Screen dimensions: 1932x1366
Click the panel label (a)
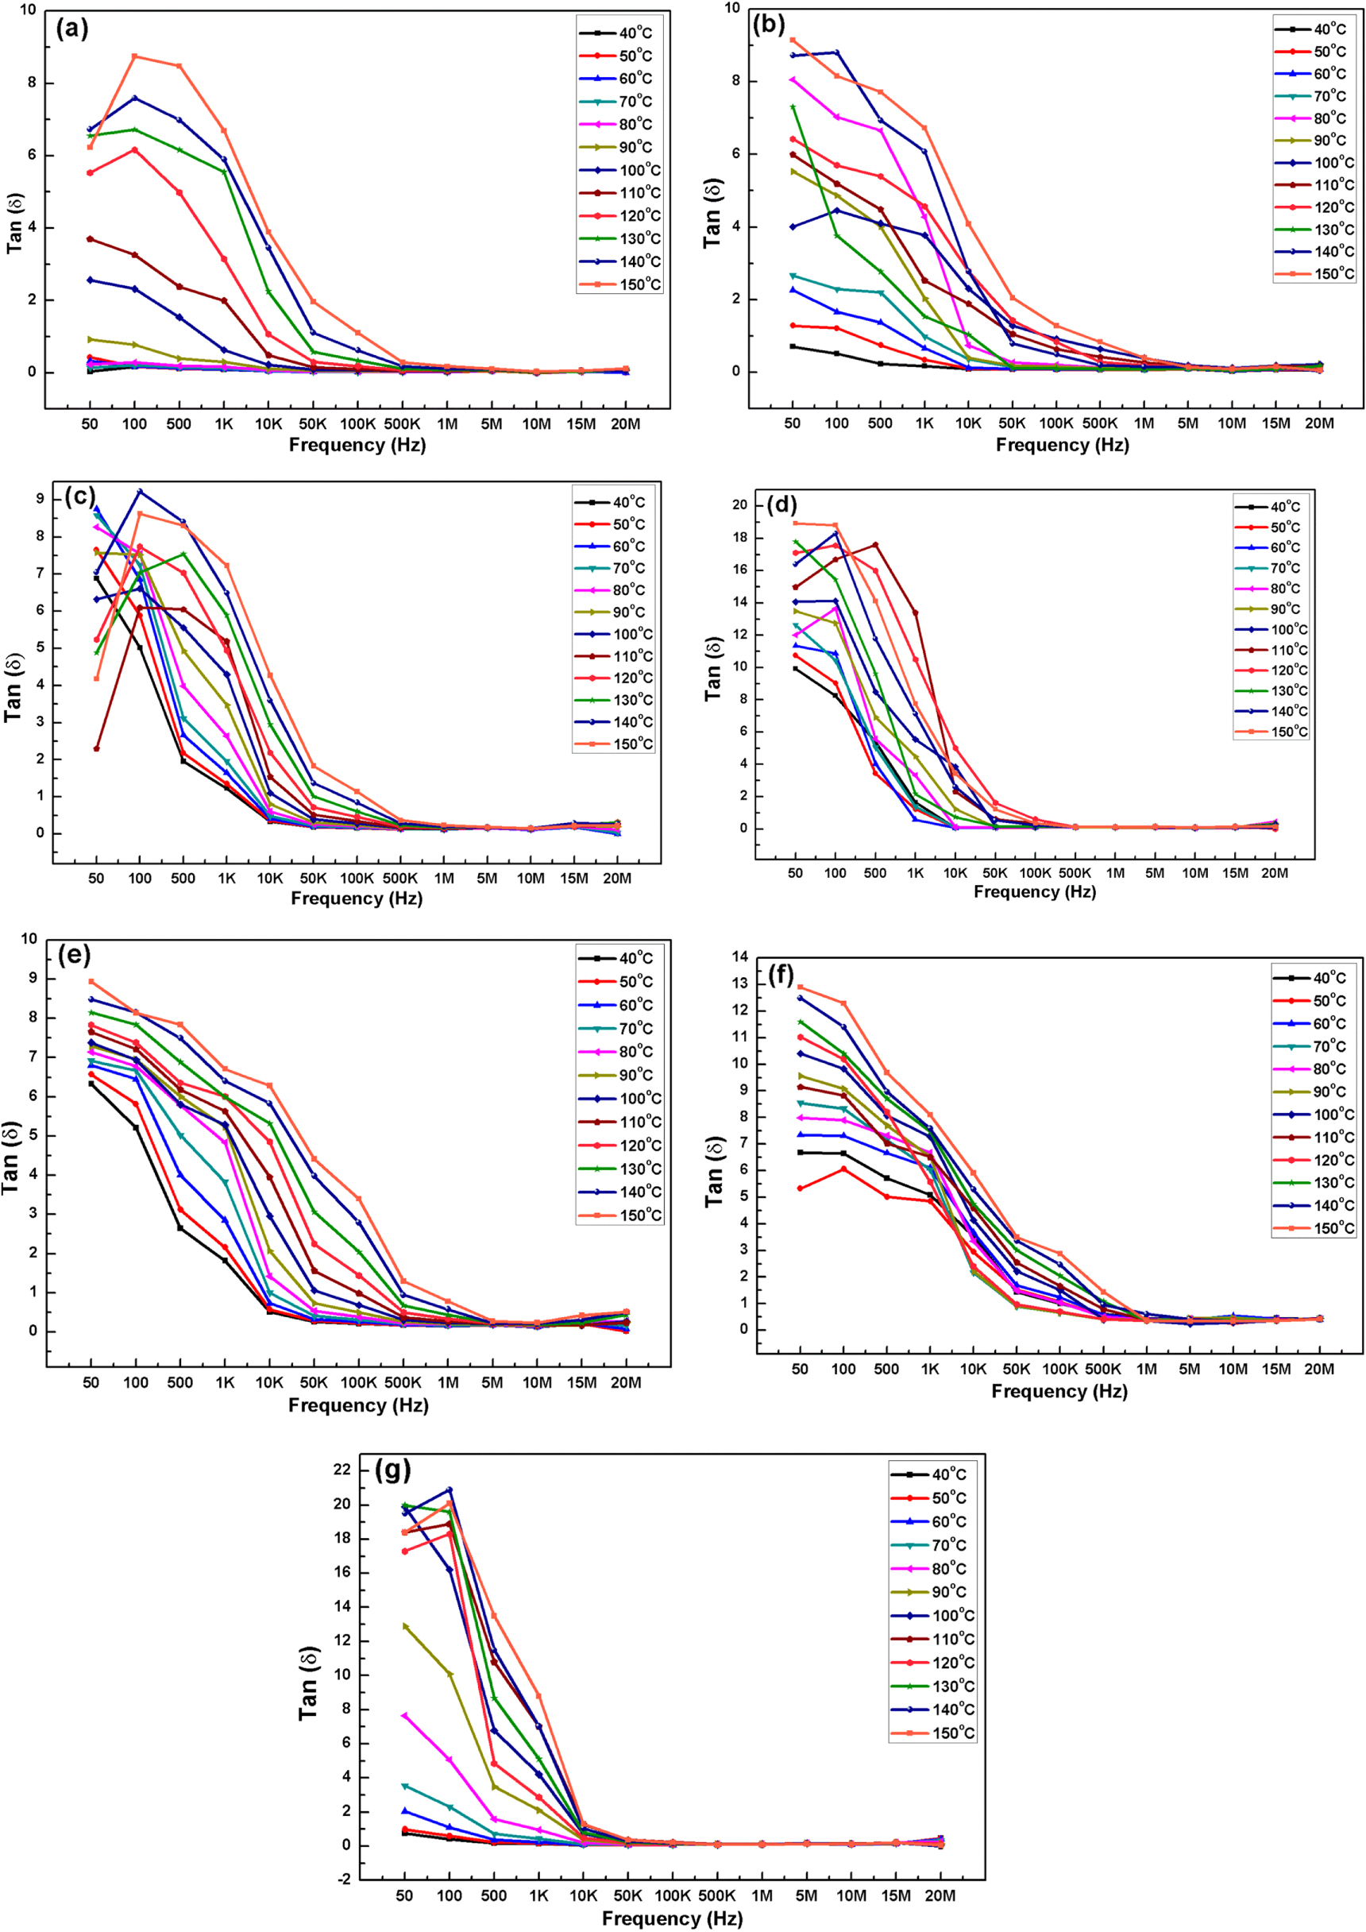click(71, 29)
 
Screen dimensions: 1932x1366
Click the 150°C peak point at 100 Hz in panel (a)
click(134, 56)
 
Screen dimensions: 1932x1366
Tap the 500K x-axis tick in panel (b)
click(1099, 423)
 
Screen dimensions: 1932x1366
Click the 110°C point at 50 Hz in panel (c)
click(97, 748)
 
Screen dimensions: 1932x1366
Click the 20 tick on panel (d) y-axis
click(739, 505)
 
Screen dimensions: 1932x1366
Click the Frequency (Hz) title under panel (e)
click(358, 1405)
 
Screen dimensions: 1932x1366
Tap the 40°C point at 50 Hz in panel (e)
click(91, 1084)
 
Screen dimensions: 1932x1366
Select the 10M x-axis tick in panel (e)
click(537, 1381)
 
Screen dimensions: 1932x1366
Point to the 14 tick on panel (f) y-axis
click(739, 956)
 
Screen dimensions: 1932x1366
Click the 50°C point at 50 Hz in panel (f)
click(800, 1188)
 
